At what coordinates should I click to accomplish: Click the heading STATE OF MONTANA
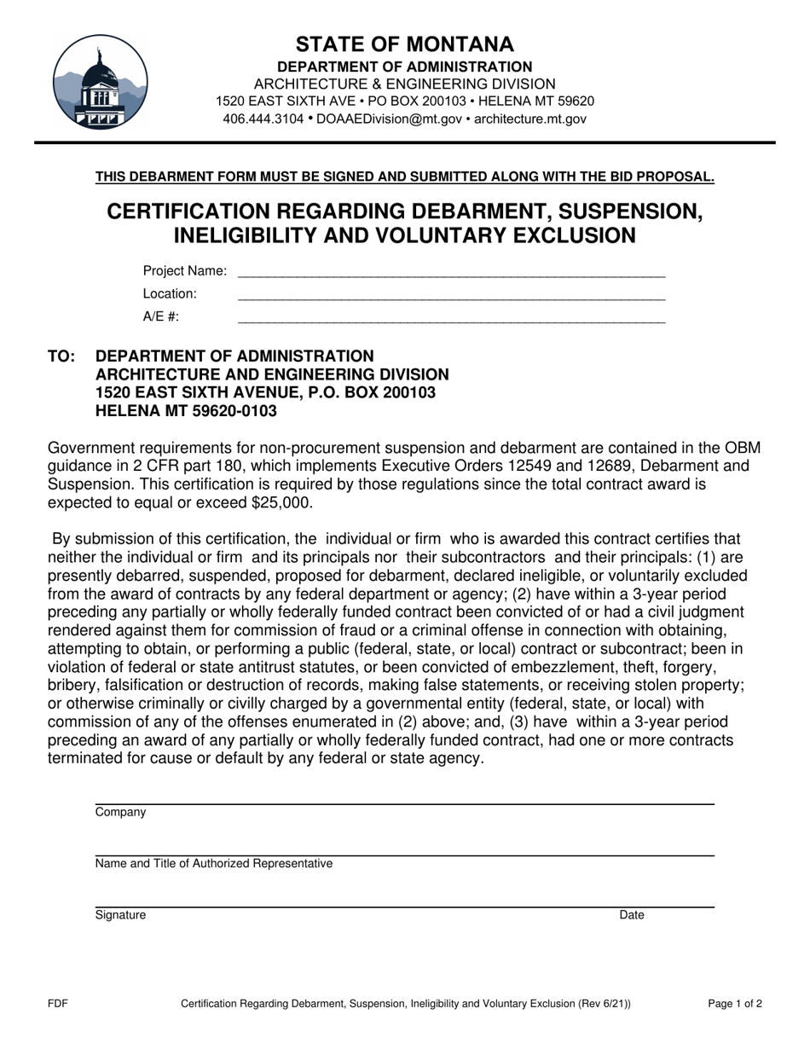(405, 44)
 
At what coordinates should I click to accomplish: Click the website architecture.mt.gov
(529, 119)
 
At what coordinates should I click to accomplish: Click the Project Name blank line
(450, 274)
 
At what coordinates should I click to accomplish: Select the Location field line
(450, 296)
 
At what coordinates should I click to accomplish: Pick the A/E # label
(161, 316)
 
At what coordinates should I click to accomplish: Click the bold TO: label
(62, 356)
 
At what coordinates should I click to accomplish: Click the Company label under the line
(120, 813)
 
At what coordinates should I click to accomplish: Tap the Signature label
(120, 915)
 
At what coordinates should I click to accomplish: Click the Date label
(631, 915)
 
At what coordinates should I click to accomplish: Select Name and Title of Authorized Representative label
(214, 864)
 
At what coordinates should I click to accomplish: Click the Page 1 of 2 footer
(735, 1004)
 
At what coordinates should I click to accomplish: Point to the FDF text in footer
(58, 1004)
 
